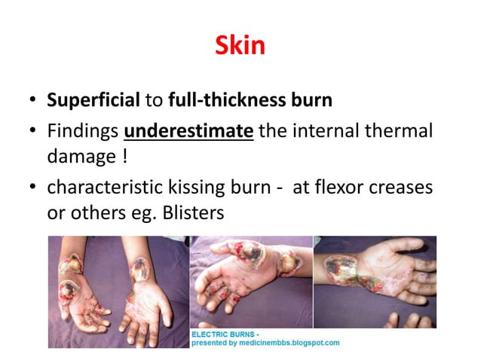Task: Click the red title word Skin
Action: (x=240, y=46)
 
